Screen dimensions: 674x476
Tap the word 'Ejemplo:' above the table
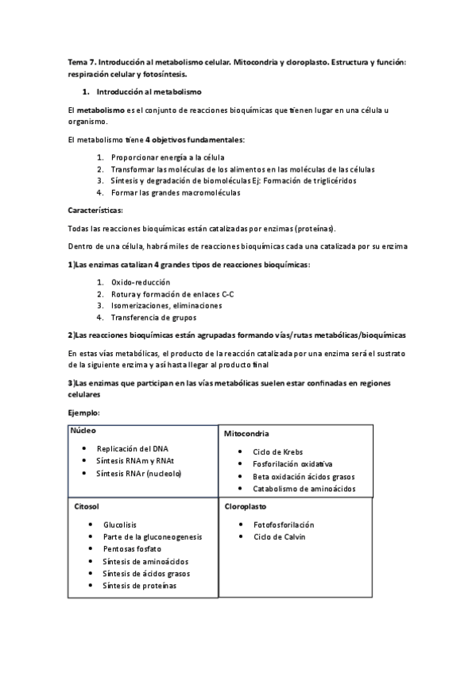click(x=84, y=412)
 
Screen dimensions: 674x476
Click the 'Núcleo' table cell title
click(x=83, y=430)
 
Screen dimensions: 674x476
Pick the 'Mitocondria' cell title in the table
click(x=246, y=434)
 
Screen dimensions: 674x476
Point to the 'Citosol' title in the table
click(x=86, y=506)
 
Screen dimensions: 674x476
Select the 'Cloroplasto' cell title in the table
click(x=246, y=505)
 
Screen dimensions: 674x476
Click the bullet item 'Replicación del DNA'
click(x=132, y=449)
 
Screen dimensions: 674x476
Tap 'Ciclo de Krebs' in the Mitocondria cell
click(x=278, y=452)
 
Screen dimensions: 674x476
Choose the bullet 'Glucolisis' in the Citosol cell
click(x=120, y=525)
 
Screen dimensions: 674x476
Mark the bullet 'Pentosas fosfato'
click(x=132, y=549)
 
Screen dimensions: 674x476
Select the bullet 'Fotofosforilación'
click(x=284, y=525)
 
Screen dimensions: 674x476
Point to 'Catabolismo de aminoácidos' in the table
click(x=304, y=488)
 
